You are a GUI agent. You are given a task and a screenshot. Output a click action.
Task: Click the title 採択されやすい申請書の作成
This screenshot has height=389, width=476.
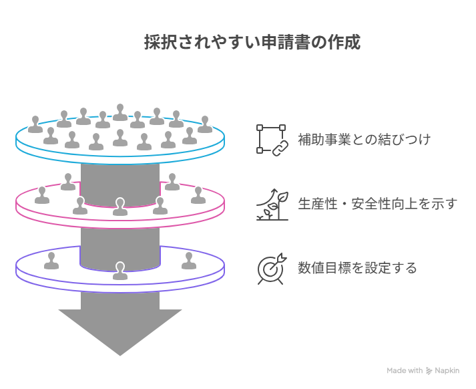pyautogui.click(x=252, y=42)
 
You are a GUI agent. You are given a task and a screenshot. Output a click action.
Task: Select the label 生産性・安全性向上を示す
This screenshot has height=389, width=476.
pyautogui.click(x=377, y=204)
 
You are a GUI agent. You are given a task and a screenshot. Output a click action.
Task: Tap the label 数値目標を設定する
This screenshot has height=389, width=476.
pyautogui.click(x=357, y=268)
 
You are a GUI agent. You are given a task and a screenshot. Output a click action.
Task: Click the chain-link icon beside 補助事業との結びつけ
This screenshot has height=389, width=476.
pyautogui.click(x=272, y=140)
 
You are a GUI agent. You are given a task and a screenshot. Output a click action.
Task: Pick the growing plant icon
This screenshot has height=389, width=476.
pyautogui.click(x=272, y=205)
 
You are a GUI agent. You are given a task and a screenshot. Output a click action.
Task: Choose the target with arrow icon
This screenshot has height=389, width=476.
pyautogui.click(x=272, y=268)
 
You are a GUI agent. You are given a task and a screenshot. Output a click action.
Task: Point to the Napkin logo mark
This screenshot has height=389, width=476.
pyautogui.click(x=429, y=370)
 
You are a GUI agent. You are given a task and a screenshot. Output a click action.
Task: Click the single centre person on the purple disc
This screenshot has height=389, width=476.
pyautogui.click(x=120, y=271)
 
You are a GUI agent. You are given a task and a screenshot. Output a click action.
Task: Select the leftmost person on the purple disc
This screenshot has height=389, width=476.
pyautogui.click(x=51, y=261)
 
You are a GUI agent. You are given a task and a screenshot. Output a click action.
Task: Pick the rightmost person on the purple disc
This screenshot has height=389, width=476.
pyautogui.click(x=189, y=261)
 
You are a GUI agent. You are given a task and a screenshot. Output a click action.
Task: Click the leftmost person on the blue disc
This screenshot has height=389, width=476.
pyautogui.click(x=35, y=124)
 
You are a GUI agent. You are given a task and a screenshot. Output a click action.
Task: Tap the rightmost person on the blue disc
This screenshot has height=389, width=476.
pyautogui.click(x=205, y=124)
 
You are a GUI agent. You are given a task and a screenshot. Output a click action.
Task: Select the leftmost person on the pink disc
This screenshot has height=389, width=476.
pyautogui.click(x=42, y=195)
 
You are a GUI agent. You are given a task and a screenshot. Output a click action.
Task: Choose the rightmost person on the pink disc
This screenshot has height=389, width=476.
pyautogui.click(x=198, y=195)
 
